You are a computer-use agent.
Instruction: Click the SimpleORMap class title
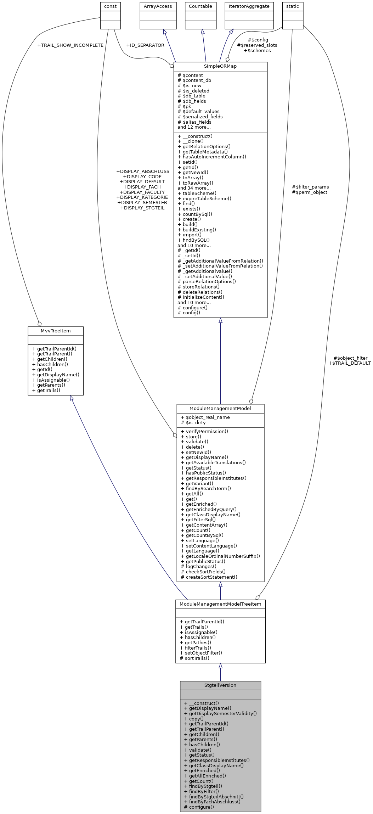click(220, 66)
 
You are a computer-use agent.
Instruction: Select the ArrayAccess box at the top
click(158, 6)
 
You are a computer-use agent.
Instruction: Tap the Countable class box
click(200, 6)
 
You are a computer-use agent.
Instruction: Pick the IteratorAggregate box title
click(249, 6)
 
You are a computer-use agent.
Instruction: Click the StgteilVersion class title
click(220, 685)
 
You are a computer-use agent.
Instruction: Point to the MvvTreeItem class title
click(56, 331)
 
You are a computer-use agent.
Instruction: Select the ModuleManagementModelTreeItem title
click(220, 604)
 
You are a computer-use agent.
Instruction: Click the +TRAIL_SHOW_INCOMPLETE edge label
click(70, 45)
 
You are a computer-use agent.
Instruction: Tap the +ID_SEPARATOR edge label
click(145, 45)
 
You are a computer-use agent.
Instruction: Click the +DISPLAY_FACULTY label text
click(142, 192)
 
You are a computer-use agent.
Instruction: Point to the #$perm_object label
click(310, 192)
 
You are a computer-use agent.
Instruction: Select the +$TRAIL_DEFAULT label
click(349, 363)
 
